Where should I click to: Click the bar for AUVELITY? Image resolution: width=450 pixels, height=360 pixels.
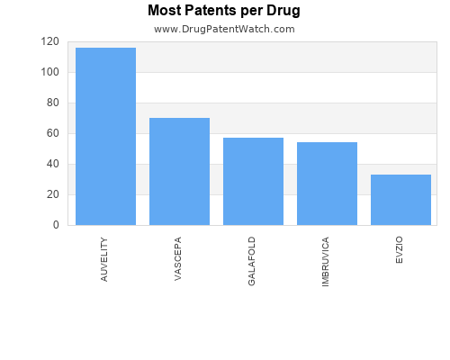105,136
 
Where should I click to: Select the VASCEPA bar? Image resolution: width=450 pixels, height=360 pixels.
179,171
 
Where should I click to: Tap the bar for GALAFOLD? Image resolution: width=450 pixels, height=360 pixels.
253,181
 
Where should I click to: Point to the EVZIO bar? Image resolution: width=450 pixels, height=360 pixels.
400,200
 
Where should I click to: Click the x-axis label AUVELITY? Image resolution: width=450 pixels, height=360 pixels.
104,259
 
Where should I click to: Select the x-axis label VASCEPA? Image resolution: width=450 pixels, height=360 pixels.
178,259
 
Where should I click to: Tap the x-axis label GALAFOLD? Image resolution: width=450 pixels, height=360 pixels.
252,261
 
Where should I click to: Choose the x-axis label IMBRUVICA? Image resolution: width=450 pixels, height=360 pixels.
326,262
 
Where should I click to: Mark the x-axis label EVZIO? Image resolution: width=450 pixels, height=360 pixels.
400,250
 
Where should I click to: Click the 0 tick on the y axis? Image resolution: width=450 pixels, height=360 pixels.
56,225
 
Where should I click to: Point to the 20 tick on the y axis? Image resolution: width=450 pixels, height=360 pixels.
53,194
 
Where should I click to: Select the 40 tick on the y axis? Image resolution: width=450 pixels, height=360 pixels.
53,164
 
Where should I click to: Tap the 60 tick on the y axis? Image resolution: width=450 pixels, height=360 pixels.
53,133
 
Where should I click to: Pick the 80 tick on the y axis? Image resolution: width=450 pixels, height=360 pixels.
53,103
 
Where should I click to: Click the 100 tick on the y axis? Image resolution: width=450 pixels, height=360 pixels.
50,72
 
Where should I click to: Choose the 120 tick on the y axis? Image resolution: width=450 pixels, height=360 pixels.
50,41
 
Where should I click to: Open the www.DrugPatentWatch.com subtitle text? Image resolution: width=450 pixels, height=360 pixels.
224,29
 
